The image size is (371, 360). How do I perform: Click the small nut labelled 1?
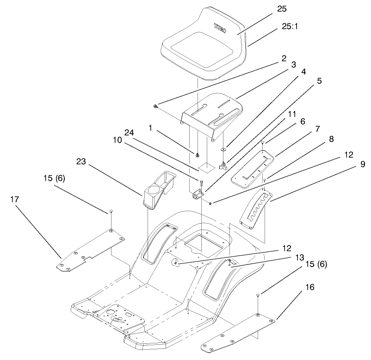click(x=198, y=154)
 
